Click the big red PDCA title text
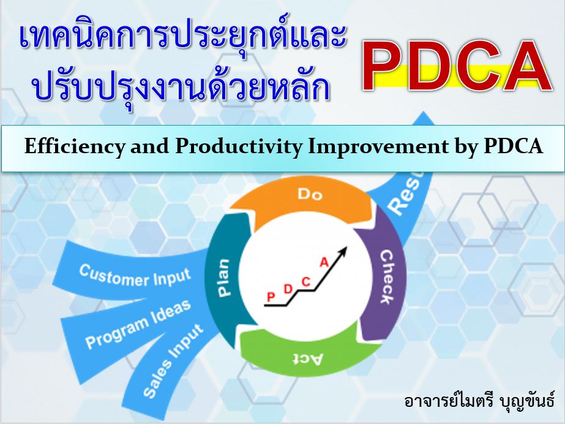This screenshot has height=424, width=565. [457, 66]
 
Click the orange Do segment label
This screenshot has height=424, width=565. [310, 194]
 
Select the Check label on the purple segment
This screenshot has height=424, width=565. [387, 277]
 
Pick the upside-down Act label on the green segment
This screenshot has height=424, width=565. [307, 358]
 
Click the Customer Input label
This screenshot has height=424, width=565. [135, 277]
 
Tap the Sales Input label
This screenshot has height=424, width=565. [173, 360]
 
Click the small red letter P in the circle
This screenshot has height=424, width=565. [271, 297]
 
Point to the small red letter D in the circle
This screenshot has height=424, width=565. [288, 289]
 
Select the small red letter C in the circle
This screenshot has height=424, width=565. [305, 281]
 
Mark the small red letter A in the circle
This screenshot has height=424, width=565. [324, 262]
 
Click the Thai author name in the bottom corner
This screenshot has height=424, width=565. [479, 401]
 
